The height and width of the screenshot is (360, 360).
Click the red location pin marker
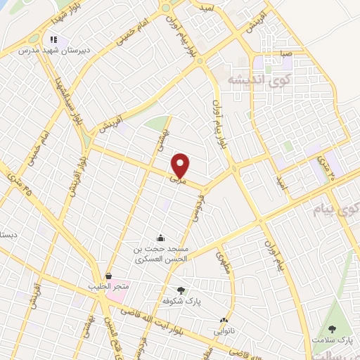(x=181, y=165)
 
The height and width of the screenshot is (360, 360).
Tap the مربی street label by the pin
(x=174, y=180)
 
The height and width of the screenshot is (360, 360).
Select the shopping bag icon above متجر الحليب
(x=108, y=276)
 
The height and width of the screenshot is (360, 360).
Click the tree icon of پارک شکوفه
(x=181, y=290)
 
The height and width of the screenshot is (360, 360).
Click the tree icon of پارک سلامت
(x=332, y=328)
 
